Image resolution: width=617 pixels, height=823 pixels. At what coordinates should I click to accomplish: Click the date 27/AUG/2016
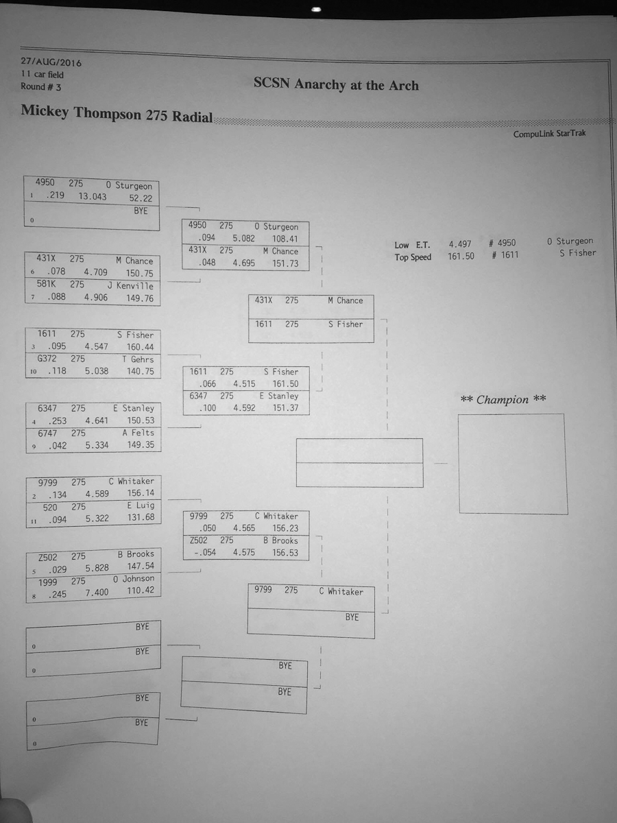pyautogui.click(x=51, y=62)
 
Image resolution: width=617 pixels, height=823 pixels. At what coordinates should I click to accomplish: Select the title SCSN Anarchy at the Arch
pyautogui.click(x=336, y=84)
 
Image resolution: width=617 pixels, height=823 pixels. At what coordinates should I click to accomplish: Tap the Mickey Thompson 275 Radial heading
pyautogui.click(x=117, y=114)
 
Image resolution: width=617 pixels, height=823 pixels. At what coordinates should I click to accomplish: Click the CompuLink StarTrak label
pyautogui.click(x=549, y=134)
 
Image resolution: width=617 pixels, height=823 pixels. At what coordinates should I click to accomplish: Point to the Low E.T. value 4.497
pyautogui.click(x=459, y=244)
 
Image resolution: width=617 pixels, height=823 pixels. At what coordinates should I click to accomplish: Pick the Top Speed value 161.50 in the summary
pyautogui.click(x=461, y=256)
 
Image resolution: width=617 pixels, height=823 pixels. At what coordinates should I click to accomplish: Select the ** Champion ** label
pyautogui.click(x=503, y=399)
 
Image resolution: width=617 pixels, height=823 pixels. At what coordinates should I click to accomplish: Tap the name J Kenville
pyautogui.click(x=130, y=286)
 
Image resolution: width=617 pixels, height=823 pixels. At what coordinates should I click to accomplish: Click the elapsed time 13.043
pyautogui.click(x=92, y=196)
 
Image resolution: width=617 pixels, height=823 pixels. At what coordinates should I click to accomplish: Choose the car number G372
pyautogui.click(x=47, y=359)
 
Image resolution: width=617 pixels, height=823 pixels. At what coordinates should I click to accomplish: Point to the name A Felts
pyautogui.click(x=138, y=433)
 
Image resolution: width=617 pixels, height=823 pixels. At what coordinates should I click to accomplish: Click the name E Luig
pyautogui.click(x=141, y=505)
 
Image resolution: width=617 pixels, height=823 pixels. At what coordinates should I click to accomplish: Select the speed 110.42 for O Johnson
pyautogui.click(x=141, y=591)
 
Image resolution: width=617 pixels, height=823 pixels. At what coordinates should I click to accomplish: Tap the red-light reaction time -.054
pyautogui.click(x=205, y=552)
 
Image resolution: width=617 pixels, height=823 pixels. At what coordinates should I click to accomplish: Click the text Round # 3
pyautogui.click(x=41, y=86)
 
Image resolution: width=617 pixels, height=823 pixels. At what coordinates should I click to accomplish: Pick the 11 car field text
pyautogui.click(x=42, y=74)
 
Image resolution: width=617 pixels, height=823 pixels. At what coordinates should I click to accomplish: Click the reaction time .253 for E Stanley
pyautogui.click(x=57, y=420)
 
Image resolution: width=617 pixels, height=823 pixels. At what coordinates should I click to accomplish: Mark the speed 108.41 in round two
pyautogui.click(x=285, y=239)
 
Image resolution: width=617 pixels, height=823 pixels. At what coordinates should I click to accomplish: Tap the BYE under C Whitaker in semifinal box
pyautogui.click(x=352, y=617)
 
